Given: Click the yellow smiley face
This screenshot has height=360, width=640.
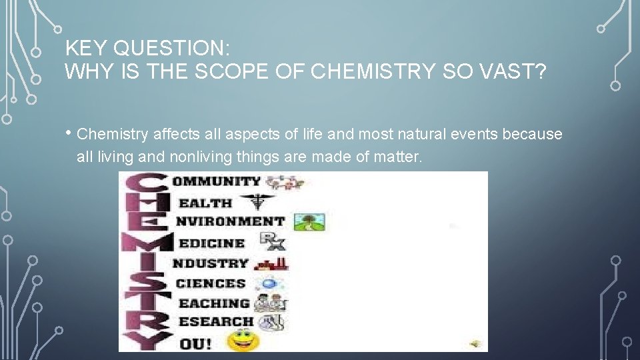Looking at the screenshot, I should [x=243, y=341].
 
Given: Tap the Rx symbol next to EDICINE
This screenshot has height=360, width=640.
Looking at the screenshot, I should [x=271, y=241].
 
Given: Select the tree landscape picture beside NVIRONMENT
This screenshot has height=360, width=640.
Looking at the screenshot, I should [x=309, y=221].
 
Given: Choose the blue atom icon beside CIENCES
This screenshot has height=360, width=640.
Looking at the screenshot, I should [x=268, y=283].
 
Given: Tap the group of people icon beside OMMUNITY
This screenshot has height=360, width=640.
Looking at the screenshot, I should [x=285, y=181].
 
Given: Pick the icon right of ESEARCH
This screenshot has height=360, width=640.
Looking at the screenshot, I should [x=271, y=323].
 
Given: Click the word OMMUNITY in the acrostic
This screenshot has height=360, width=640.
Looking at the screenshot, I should [x=217, y=181].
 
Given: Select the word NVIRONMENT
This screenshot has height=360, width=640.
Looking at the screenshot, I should [x=230, y=221].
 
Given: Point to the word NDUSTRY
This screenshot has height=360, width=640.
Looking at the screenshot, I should [x=210, y=263].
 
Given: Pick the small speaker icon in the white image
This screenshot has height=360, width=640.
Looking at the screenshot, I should [x=475, y=343].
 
